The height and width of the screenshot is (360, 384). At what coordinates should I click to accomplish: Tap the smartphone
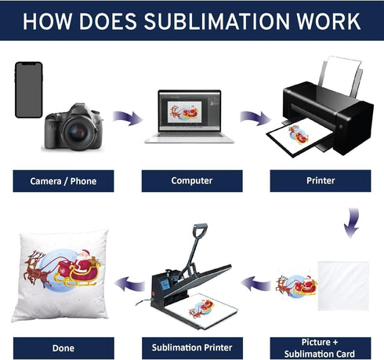29,89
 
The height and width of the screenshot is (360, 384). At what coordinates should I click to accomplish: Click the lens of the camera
78,132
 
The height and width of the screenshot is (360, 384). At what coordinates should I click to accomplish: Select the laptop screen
190,111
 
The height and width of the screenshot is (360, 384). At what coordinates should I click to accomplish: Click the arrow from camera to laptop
128,118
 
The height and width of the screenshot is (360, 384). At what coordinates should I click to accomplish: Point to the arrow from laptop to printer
255,118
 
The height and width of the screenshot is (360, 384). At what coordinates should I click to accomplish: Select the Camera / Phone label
63,181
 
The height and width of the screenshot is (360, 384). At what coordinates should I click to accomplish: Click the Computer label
192,181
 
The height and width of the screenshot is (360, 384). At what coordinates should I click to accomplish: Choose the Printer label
321,181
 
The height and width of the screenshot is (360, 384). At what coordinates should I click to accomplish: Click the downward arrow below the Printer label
352,223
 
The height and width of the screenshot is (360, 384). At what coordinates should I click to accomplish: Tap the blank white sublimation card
343,285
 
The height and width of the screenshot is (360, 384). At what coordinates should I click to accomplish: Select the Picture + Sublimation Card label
321,348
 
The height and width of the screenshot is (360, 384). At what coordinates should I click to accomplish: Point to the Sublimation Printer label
192,348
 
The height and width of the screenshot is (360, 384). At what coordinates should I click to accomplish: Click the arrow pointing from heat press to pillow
129,284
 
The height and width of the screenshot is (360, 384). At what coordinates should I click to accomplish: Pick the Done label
63,348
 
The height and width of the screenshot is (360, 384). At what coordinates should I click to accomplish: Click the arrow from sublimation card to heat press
255,284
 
